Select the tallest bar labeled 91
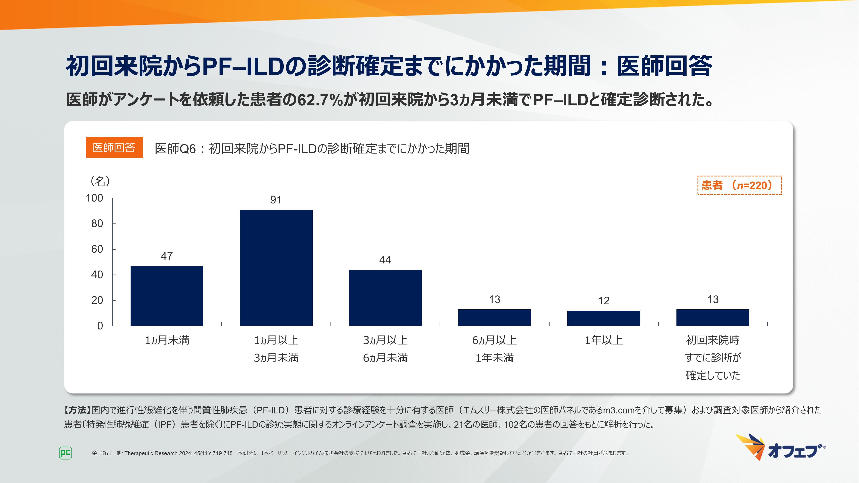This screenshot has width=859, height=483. tap(276, 268)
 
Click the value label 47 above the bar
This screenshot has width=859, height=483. tap(167, 256)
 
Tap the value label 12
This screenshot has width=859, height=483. tap(604, 301)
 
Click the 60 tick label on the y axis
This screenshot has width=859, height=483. tap(97, 249)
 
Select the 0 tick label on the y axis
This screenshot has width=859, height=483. tap(100, 326)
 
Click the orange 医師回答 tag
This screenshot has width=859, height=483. tap(114, 147)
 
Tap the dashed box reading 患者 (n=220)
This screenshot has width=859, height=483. tap(739, 185)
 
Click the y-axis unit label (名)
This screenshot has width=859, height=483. tap(100, 181)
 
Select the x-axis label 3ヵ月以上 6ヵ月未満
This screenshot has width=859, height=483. tap(385, 349)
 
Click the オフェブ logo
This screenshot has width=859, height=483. tap(780, 448)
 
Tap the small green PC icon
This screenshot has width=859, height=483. tap(65, 453)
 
